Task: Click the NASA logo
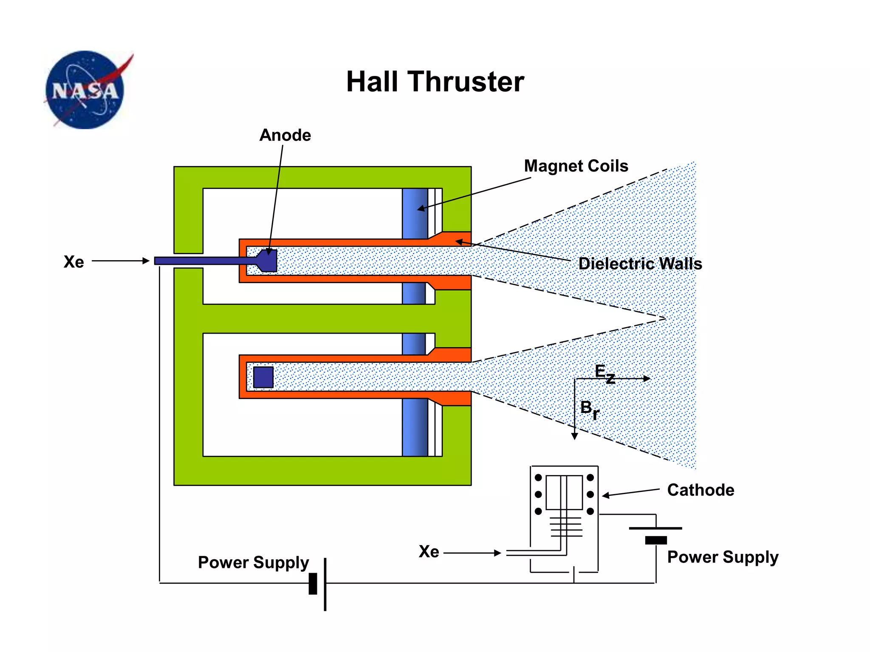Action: coord(85,90)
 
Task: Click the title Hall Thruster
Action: coord(435,81)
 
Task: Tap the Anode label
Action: coord(285,135)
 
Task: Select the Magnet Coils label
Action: coord(576,166)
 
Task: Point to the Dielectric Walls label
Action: coord(640,264)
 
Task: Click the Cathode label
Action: coord(701,490)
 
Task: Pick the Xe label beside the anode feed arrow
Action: coord(73,262)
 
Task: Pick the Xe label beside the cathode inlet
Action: coord(429,551)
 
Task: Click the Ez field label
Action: coord(604,373)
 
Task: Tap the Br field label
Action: coord(590,410)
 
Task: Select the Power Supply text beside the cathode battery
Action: coord(723,557)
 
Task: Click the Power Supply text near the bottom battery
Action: coord(254,562)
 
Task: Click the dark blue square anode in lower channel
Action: coord(263,377)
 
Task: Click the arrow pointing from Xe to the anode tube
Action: coord(121,261)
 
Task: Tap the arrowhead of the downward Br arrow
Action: coord(574,436)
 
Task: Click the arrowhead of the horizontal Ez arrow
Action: coord(646,378)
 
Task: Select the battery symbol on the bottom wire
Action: coord(319,584)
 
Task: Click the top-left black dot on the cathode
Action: coord(538,478)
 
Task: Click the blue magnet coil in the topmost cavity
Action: coord(415,214)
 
